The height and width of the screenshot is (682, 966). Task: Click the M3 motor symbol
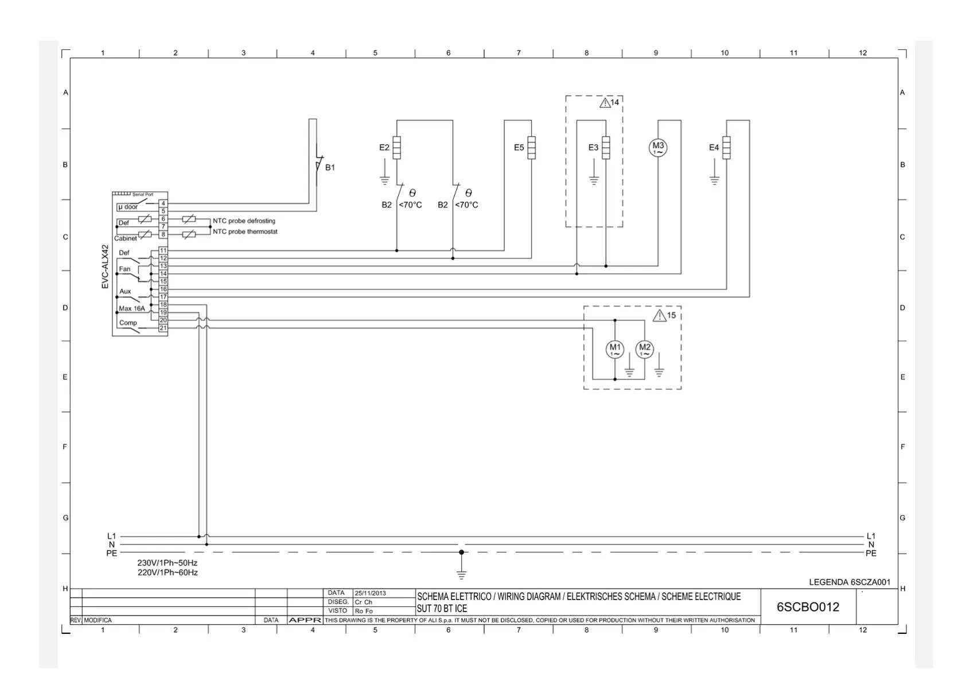coord(658,148)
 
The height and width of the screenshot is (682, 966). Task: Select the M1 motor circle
coord(615,349)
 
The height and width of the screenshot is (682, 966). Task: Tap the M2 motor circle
coord(645,349)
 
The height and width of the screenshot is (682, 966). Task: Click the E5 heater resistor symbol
coord(532,147)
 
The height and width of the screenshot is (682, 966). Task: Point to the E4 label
coord(714,148)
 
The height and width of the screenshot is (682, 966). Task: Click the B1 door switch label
coord(330,167)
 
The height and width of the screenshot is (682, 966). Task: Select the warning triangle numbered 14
coord(605,103)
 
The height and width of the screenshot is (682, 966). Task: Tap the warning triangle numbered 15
coord(660,315)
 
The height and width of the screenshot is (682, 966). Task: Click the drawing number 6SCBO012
coord(808,607)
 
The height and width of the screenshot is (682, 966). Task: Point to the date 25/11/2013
coord(371,593)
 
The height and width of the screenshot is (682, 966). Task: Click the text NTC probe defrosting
coord(244,221)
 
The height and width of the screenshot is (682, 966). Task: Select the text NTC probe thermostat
coord(245,232)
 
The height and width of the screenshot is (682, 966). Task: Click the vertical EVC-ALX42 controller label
coord(105,266)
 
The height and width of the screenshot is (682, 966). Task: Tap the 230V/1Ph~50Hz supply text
coord(167,563)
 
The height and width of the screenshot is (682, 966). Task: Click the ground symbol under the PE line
coord(461,574)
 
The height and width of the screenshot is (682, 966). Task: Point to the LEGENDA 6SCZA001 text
coord(850,582)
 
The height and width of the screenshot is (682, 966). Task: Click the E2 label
coord(384,148)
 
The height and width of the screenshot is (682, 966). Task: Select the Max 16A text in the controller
coord(132,308)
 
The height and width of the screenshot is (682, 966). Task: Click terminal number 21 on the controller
coord(163,328)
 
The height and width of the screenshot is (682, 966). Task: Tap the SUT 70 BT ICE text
coord(442,609)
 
